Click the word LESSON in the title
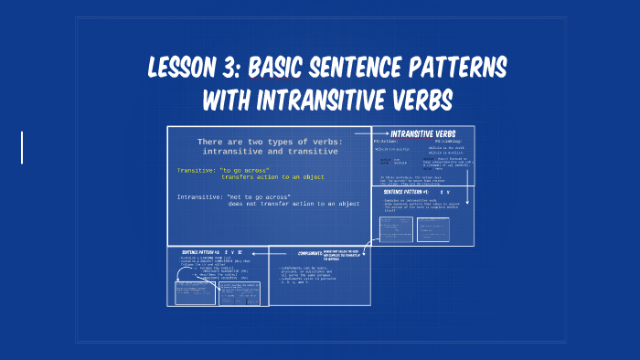[179, 69]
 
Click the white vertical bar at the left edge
[21, 147]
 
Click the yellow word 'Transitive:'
[196, 170]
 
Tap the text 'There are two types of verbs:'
[269, 142]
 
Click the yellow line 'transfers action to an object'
[272, 177]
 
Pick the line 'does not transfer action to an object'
[293, 204]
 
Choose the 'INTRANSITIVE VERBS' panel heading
[423, 133]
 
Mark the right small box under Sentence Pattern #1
[432, 229]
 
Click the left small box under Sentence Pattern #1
[396, 229]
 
